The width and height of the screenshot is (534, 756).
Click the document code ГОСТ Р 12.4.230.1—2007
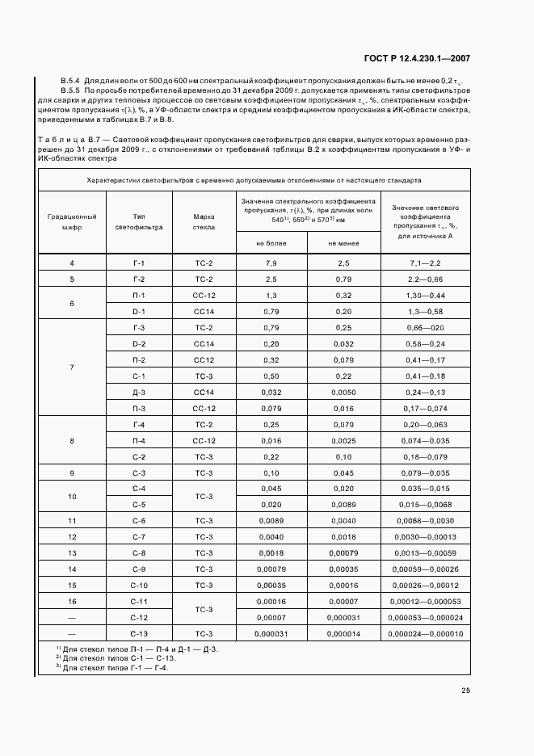[x=416, y=58]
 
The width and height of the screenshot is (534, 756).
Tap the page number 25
[x=465, y=690]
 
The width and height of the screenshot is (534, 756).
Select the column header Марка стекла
[x=204, y=222]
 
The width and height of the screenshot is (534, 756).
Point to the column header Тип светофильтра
[x=139, y=222]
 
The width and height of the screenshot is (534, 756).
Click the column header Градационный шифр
[x=72, y=222]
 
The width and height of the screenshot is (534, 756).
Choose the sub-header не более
[x=271, y=243]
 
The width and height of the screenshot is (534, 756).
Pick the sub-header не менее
[x=343, y=243]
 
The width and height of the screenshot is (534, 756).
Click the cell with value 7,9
[x=271, y=264]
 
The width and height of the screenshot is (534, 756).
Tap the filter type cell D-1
[x=139, y=311]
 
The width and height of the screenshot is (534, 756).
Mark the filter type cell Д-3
[x=139, y=392]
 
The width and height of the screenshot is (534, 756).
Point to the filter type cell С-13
[x=139, y=633]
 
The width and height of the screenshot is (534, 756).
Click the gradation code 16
[x=72, y=601]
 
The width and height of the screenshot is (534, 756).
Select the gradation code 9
[x=72, y=472]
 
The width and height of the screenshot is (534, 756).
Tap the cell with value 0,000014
[x=343, y=633]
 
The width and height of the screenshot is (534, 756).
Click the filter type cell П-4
[x=139, y=440]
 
